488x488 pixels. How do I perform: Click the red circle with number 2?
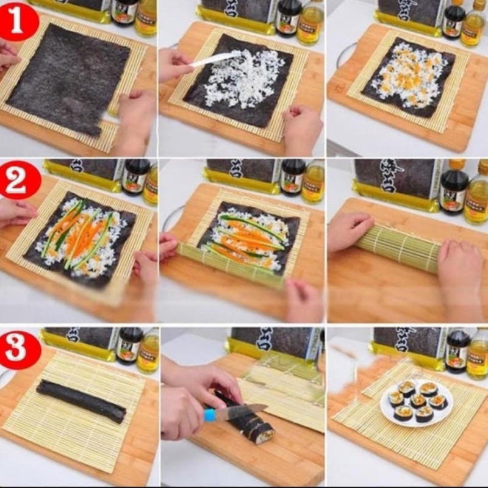click(x=20, y=180)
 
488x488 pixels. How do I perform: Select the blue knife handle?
click(x=210, y=415)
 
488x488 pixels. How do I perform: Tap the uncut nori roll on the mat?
click(x=81, y=401)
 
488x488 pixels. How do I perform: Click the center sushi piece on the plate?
click(x=418, y=400)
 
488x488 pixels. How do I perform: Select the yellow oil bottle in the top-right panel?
click(x=473, y=24)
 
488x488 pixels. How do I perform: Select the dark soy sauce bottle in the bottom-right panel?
click(x=457, y=351)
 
